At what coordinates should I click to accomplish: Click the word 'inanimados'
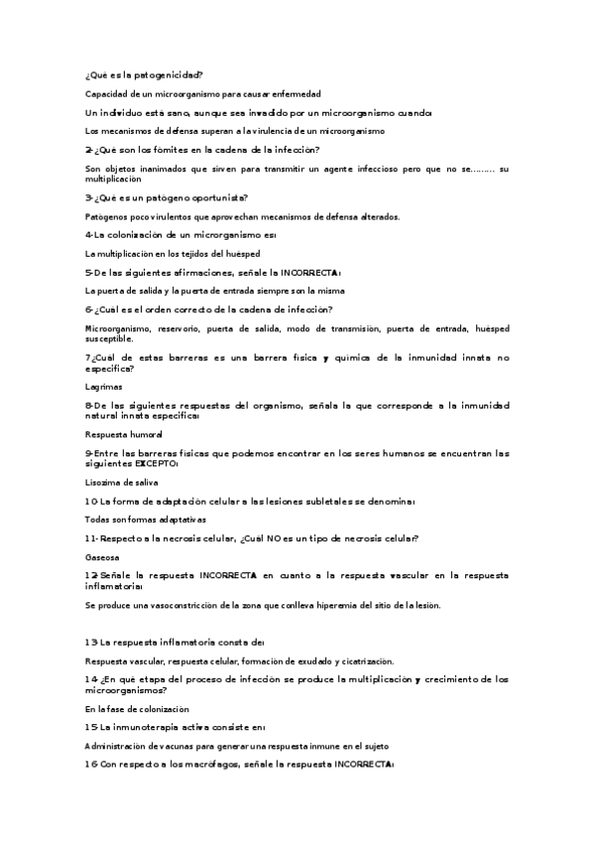(x=157, y=169)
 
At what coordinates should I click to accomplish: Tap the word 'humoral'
(x=142, y=434)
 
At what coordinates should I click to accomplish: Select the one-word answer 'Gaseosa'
(x=101, y=557)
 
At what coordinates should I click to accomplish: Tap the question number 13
(x=90, y=642)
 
